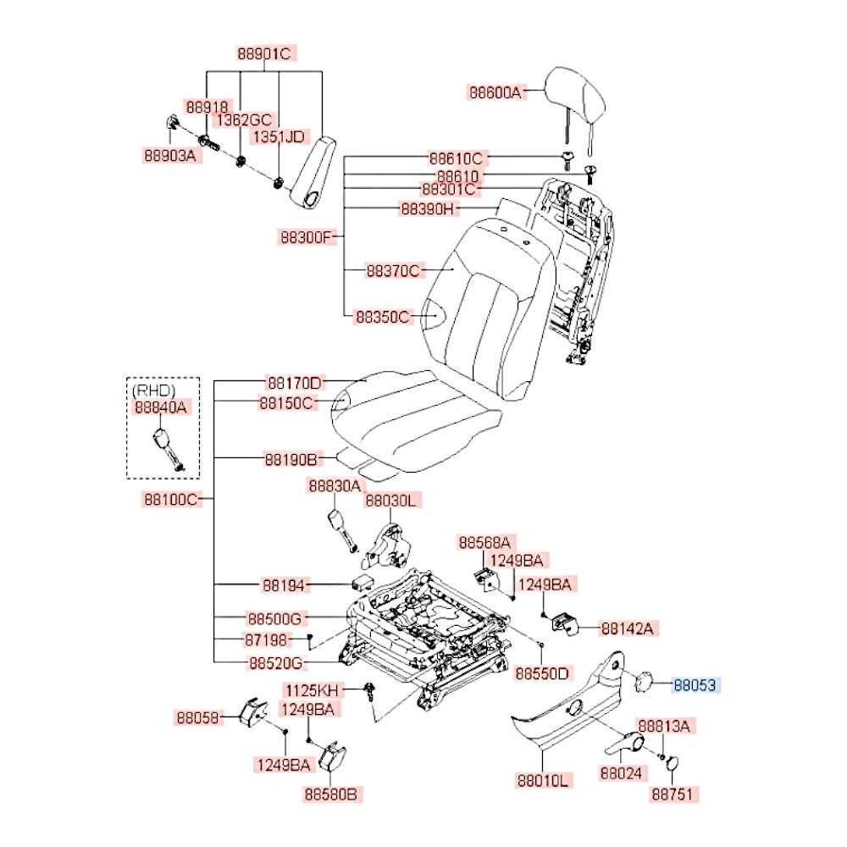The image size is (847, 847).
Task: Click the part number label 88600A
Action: pyautogui.click(x=496, y=93)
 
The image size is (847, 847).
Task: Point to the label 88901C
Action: pyautogui.click(x=263, y=54)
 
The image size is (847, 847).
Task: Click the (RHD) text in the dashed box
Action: pyautogui.click(x=153, y=390)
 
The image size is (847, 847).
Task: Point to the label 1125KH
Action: pyautogui.click(x=310, y=689)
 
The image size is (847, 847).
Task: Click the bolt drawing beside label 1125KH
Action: pyautogui.click(x=370, y=692)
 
